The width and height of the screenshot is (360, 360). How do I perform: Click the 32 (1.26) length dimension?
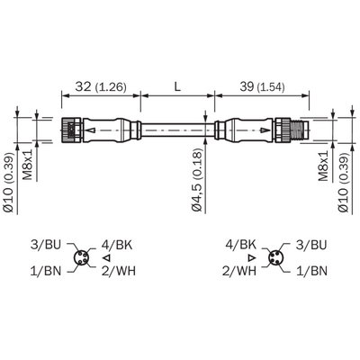101,87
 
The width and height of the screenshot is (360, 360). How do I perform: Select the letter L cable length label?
177,87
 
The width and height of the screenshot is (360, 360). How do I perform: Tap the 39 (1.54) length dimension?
262,87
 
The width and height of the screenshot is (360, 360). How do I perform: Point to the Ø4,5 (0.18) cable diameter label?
197,180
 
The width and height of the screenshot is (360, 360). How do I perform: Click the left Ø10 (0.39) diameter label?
9,184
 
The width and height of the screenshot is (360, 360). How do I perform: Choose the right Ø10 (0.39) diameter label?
344,184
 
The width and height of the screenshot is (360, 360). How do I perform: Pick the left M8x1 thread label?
28,166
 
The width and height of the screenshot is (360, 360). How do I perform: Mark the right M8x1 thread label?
323,166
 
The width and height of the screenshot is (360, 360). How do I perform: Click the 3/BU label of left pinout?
46,245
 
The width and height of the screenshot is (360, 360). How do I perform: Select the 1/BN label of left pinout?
46,271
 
